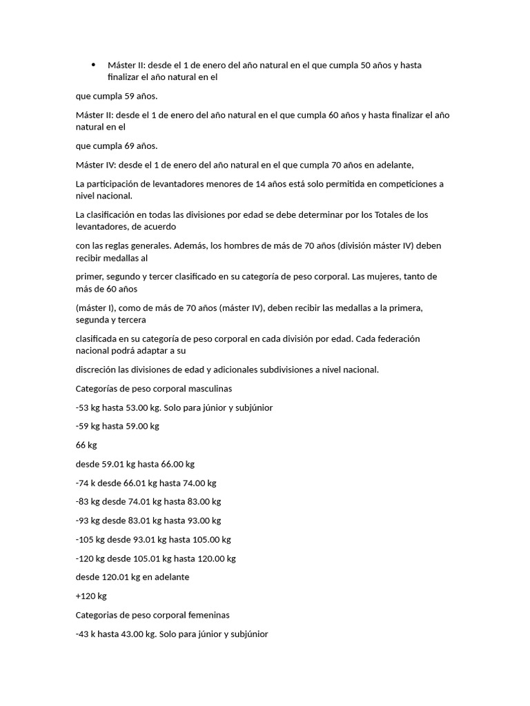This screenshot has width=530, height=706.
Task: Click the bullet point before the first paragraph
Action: (93, 65)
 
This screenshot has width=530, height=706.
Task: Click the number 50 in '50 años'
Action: (366, 65)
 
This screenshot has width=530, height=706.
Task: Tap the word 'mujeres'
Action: (387, 276)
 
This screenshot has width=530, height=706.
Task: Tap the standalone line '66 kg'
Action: (86, 445)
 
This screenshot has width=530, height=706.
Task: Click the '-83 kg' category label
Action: (89, 501)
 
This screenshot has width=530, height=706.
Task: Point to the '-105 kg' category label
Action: (91, 539)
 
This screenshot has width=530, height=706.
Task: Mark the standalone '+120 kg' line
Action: (91, 596)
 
